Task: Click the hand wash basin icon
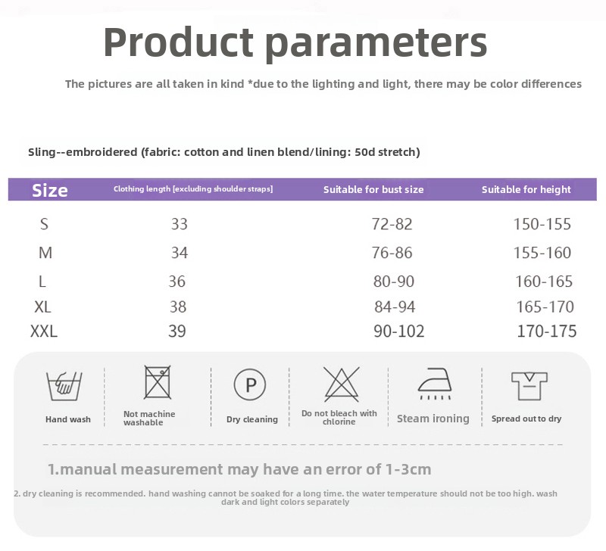pyautogui.click(x=64, y=386)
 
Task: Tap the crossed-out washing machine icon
pyautogui.click(x=158, y=382)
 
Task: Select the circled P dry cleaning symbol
pyautogui.click(x=250, y=384)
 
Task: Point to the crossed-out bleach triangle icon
pyautogui.click(x=342, y=384)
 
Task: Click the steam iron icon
pyautogui.click(x=435, y=384)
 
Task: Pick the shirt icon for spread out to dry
pyautogui.click(x=529, y=386)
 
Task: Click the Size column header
pyautogui.click(x=50, y=191)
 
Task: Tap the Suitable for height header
pyautogui.click(x=526, y=189)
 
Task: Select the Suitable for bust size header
pyautogui.click(x=373, y=189)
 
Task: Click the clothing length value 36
pyautogui.click(x=177, y=282)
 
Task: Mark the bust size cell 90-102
pyautogui.click(x=399, y=332)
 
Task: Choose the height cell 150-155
pyautogui.click(x=542, y=224)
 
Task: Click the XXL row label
pyautogui.click(x=44, y=332)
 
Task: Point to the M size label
pyautogui.click(x=45, y=253)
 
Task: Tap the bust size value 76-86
pyautogui.click(x=392, y=253)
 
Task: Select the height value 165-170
pyautogui.click(x=545, y=307)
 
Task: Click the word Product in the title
pyautogui.click(x=178, y=42)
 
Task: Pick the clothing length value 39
pyautogui.click(x=177, y=332)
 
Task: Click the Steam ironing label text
pyautogui.click(x=433, y=419)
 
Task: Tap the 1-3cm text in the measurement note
pyautogui.click(x=408, y=469)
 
